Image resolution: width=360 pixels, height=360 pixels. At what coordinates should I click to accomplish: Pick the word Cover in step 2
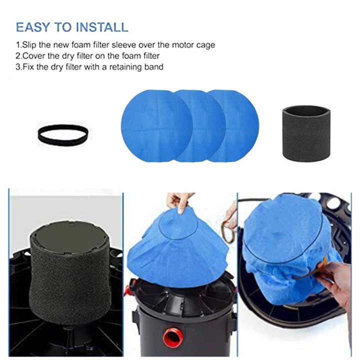point(34,56)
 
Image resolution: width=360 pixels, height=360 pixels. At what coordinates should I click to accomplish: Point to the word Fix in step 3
point(28,66)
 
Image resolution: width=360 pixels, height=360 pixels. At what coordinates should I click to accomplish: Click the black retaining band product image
point(62,134)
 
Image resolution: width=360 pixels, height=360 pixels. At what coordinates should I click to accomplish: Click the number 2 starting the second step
point(18,56)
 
